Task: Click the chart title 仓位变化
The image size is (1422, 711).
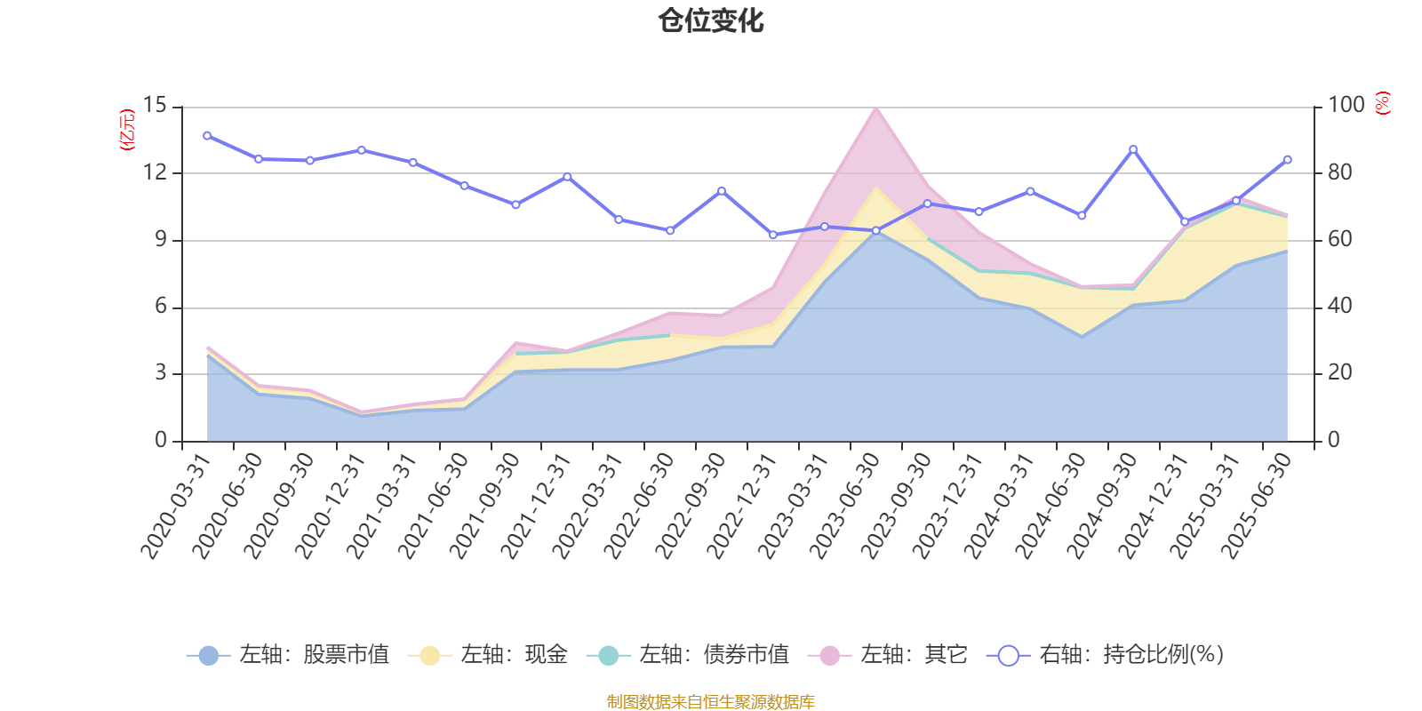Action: click(711, 20)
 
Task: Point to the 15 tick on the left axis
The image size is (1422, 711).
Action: click(156, 106)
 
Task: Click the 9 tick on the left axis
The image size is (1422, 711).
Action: click(161, 239)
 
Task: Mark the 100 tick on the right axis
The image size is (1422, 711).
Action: click(1346, 106)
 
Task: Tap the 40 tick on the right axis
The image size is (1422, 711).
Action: click(1340, 307)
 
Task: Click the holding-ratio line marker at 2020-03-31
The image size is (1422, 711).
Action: click(207, 136)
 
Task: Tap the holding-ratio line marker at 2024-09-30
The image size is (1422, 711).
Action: click(1133, 149)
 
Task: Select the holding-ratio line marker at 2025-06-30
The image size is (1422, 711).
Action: click(1288, 160)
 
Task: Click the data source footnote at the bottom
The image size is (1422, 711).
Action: click(711, 702)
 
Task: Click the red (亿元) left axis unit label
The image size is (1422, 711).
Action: click(127, 130)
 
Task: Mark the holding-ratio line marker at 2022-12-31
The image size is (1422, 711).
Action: click(773, 236)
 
